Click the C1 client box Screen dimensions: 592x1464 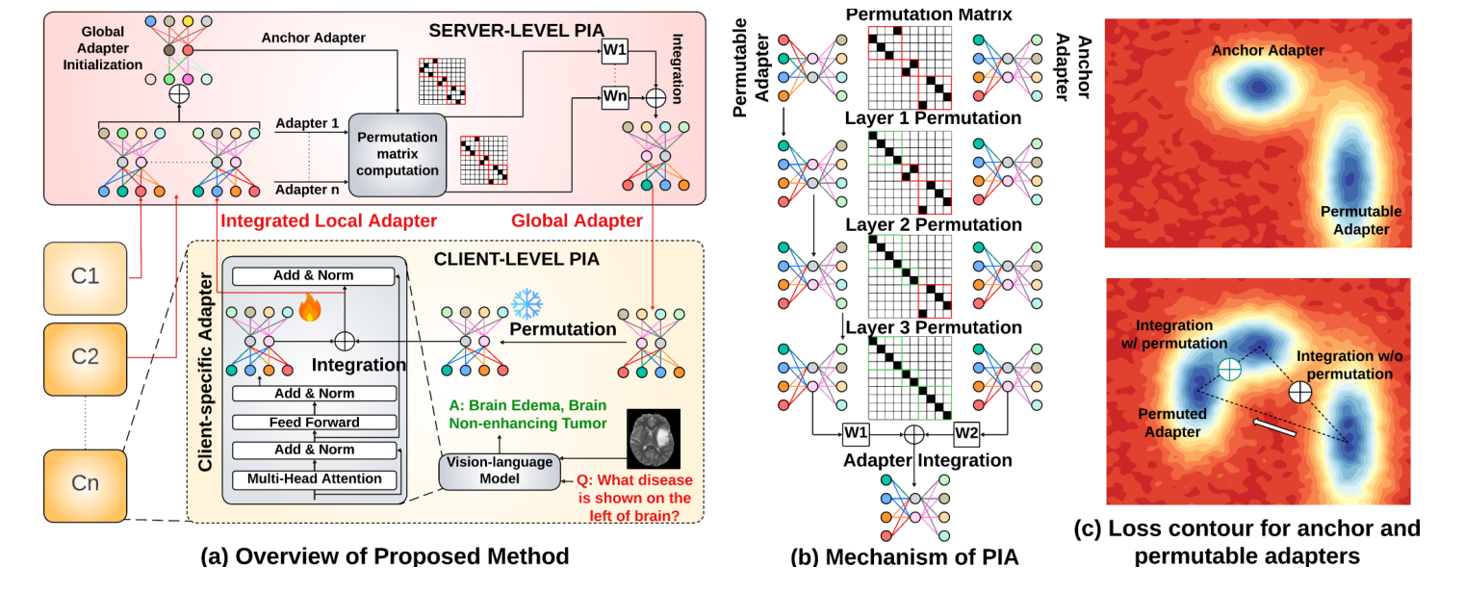coord(85,277)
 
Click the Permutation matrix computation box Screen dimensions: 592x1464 coord(398,153)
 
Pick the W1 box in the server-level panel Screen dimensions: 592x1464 coord(614,52)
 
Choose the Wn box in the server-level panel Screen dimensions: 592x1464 coord(614,96)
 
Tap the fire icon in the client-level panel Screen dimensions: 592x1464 coord(309,307)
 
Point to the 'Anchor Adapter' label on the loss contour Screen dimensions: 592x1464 coord(1267,50)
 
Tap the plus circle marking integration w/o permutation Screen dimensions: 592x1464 coord(1300,392)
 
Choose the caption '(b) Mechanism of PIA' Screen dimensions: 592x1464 coord(904,555)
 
